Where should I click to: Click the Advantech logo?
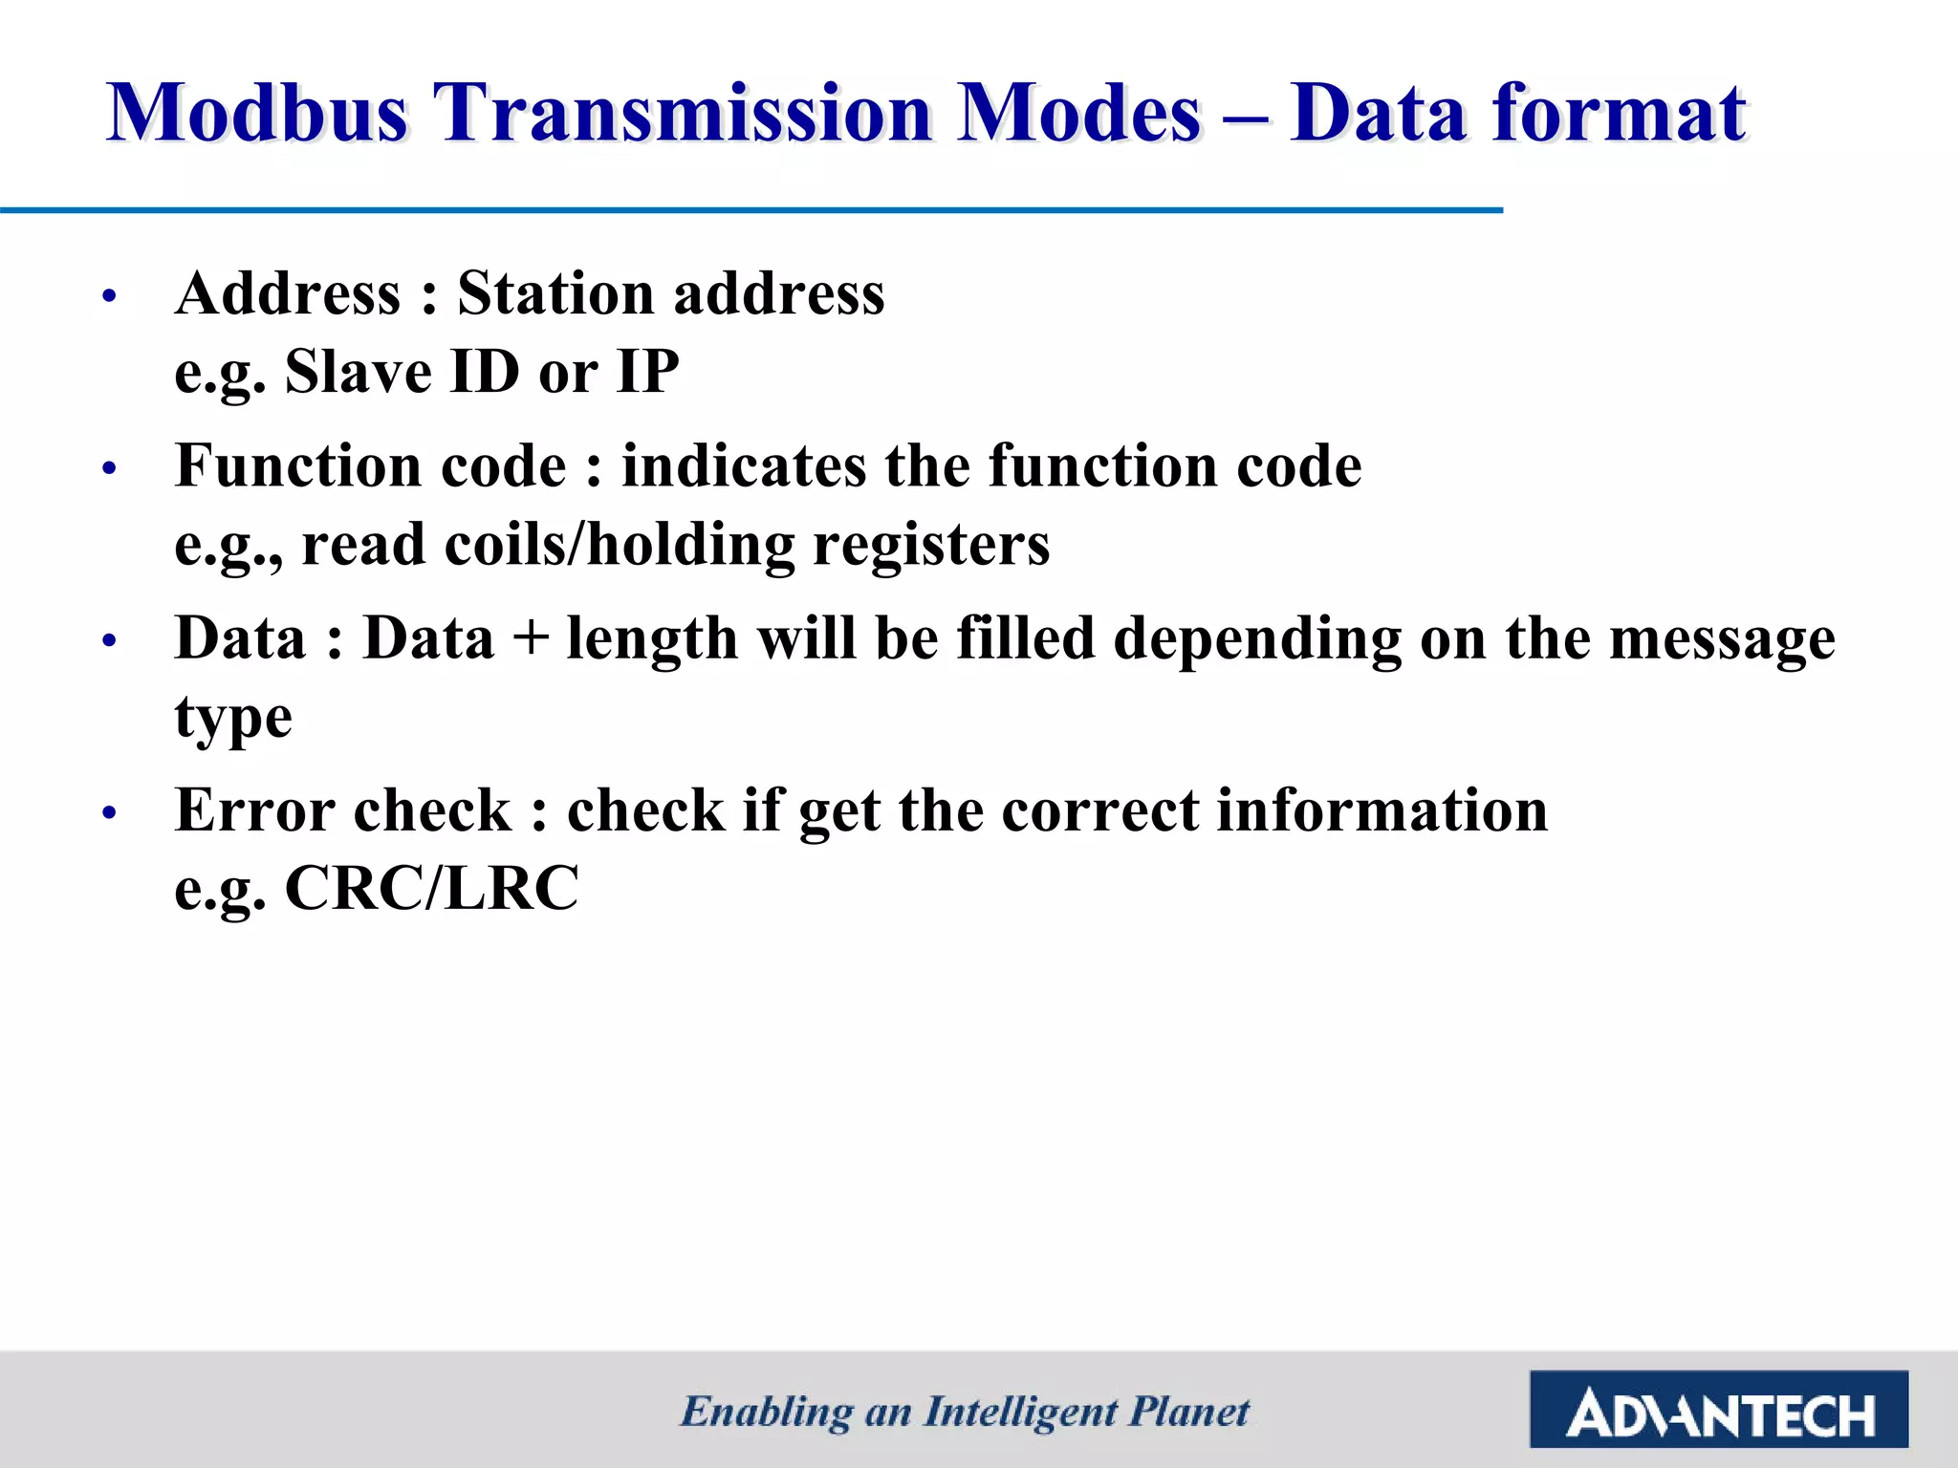pyautogui.click(x=1718, y=1410)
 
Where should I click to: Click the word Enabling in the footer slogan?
pyautogui.click(x=766, y=1413)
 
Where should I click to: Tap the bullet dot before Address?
pyautogui.click(x=109, y=296)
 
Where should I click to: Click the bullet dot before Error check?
pyautogui.click(x=109, y=813)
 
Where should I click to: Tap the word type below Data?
pyautogui.click(x=232, y=719)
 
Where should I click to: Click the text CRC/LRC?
pyautogui.click(x=431, y=889)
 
